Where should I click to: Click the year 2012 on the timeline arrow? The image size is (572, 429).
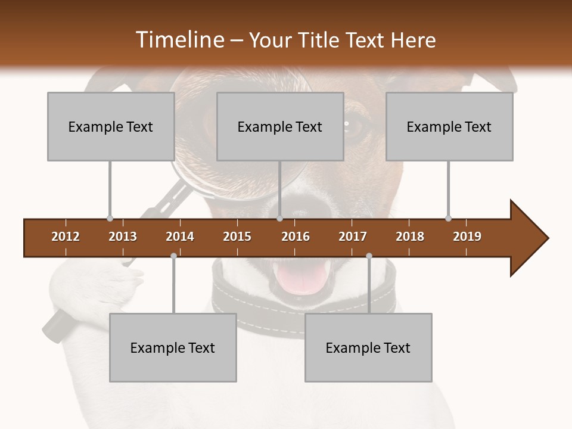pyautogui.click(x=66, y=237)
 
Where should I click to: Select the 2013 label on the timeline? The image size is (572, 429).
pyautogui.click(x=123, y=237)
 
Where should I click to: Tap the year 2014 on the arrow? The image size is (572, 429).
pyautogui.click(x=180, y=237)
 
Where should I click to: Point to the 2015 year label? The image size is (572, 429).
pyautogui.click(x=237, y=237)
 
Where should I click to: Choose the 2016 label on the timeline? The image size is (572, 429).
pyautogui.click(x=296, y=237)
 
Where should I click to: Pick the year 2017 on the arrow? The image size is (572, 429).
pyautogui.click(x=353, y=237)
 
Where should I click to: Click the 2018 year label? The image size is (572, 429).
pyautogui.click(x=410, y=237)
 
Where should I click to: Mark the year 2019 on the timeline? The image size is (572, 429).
pyautogui.click(x=467, y=237)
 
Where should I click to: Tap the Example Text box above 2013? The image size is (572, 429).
pyautogui.click(x=111, y=126)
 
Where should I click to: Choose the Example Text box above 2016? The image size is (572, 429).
pyautogui.click(x=280, y=126)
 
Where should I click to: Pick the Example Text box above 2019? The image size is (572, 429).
pyautogui.click(x=449, y=126)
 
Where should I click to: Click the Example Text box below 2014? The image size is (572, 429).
pyautogui.click(x=173, y=347)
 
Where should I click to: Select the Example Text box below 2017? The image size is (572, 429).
pyautogui.click(x=368, y=347)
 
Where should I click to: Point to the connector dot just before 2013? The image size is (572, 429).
pyautogui.click(x=110, y=219)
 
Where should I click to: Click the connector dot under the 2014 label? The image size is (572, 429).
pyautogui.click(x=173, y=256)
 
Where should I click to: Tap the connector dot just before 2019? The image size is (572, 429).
pyautogui.click(x=448, y=219)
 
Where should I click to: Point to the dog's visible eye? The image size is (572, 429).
pyautogui.click(x=356, y=126)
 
